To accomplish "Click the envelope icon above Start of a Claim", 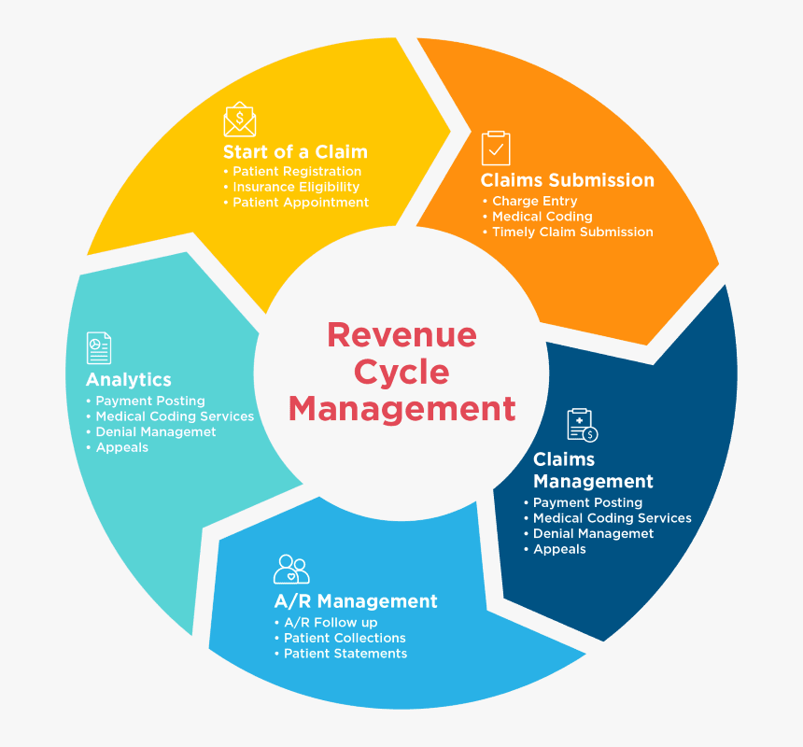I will tap(240, 120).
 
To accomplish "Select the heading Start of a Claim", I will tap(295, 151).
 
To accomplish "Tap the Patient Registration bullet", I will tap(296, 172).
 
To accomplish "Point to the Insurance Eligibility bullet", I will tap(295, 187).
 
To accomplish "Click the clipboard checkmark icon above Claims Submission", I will tap(496, 148).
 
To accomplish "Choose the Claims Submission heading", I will tap(567, 180).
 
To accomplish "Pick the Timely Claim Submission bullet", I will tap(572, 232).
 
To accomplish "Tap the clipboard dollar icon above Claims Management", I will tap(582, 425).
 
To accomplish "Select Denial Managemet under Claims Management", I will tap(593, 534).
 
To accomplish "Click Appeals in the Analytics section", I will tap(121, 447).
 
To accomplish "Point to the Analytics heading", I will tap(129, 379).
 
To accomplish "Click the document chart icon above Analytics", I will tap(99, 347).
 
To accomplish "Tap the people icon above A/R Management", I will tap(291, 568).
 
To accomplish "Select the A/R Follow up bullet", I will tap(331, 623).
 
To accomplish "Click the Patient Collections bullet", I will tap(345, 638).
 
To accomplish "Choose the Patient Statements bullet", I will tap(345, 654).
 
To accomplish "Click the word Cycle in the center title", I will tap(401, 372).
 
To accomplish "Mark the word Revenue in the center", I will tap(401, 334).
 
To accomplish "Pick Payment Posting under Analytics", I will tap(149, 402).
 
